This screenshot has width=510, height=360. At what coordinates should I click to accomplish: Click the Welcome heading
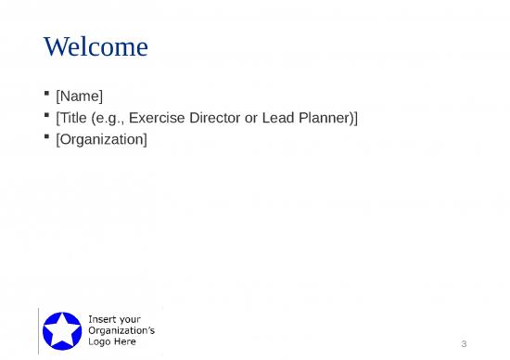96,46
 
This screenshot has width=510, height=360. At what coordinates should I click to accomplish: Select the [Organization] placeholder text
101,139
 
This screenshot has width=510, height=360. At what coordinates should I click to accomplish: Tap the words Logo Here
111,341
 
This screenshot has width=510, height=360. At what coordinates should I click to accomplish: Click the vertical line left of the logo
39,329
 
